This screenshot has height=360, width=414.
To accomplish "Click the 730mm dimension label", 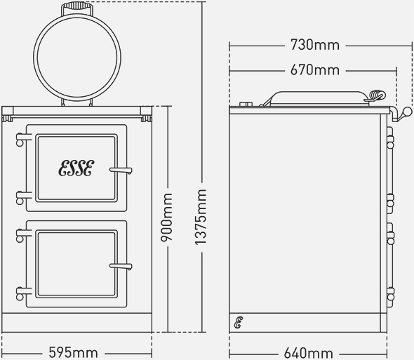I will pos(314,46).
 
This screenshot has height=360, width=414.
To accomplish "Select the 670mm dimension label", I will pos(314,70).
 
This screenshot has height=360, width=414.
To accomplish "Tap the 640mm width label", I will pos(309,352).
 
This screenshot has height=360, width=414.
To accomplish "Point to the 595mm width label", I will pos(74,352).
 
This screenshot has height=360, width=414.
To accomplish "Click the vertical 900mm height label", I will pos(168,218).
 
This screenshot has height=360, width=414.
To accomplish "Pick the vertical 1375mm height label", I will pos(201,218).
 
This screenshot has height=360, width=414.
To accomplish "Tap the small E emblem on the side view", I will pos(239,323).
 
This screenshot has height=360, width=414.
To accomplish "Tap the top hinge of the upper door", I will pos(21,141).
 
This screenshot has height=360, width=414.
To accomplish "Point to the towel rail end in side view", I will pos(403,112).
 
